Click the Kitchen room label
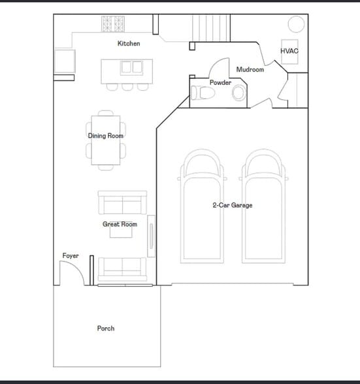click(x=128, y=44)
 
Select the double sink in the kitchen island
click(x=131, y=67)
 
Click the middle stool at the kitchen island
click(x=127, y=86)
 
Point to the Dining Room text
click(x=106, y=136)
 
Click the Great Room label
click(x=120, y=225)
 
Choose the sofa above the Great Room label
click(x=122, y=202)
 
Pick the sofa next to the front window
click(x=122, y=268)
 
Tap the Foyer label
click(x=71, y=256)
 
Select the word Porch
click(x=106, y=328)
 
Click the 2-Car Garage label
click(x=232, y=206)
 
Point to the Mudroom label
click(x=250, y=70)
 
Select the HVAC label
click(x=289, y=51)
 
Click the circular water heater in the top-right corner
click(x=296, y=24)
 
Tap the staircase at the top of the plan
click(x=209, y=27)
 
